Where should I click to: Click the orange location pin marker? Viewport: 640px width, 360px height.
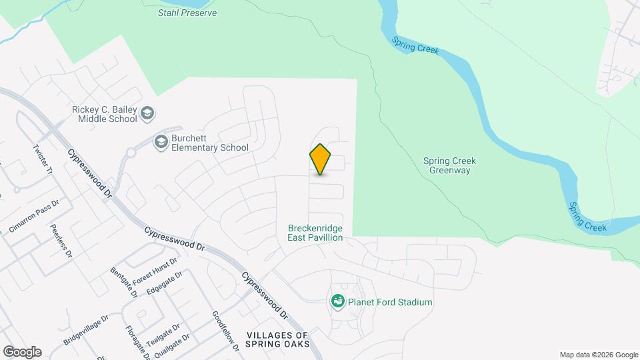(320, 159)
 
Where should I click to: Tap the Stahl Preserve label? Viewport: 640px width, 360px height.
(187, 13)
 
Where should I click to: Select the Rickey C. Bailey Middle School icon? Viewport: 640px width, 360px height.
(147, 114)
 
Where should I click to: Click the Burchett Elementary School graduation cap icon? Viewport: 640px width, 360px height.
(161, 141)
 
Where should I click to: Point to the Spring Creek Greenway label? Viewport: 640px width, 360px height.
(450, 165)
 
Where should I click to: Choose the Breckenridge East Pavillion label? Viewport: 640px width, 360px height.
(315, 232)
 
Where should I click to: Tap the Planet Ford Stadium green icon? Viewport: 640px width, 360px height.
(338, 302)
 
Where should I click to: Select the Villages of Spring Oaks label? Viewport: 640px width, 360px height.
(277, 339)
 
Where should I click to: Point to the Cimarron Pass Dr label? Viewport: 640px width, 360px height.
(35, 217)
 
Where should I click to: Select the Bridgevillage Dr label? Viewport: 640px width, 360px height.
(85, 330)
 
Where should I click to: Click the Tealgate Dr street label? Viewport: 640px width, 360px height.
(163, 335)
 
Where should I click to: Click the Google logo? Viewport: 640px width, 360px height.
(22, 351)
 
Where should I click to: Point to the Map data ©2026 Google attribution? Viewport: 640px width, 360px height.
(598, 355)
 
